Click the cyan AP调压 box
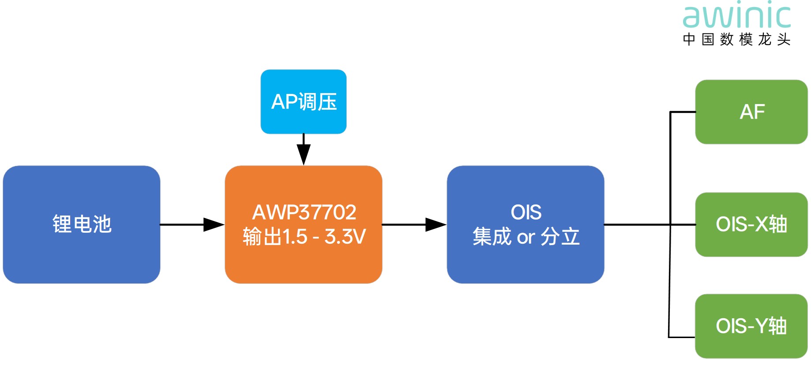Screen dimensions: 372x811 (304, 102)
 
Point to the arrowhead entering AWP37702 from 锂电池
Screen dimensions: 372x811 (214, 224)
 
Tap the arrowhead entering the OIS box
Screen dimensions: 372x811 (436, 224)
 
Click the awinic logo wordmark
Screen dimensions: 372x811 (736, 17)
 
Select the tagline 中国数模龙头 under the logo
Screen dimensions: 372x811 (736, 40)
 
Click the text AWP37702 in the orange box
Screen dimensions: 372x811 (304, 212)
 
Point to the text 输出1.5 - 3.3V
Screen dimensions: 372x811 (304, 237)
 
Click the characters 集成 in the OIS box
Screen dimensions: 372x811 (492, 237)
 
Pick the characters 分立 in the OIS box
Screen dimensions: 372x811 (560, 237)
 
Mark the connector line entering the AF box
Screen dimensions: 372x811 (683, 112)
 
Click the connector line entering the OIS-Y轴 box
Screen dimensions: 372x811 (682, 337)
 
